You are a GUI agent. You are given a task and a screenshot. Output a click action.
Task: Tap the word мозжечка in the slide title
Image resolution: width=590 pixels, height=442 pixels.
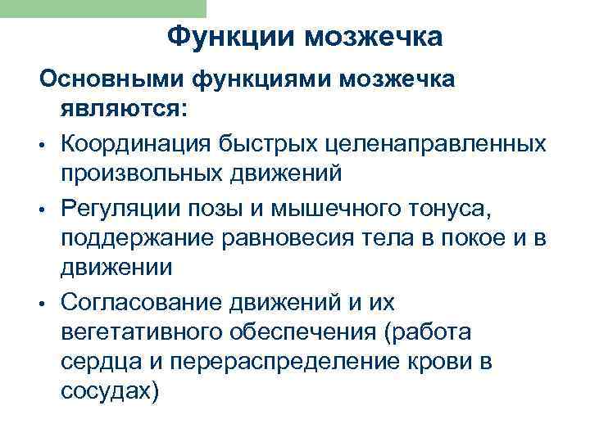click(370, 38)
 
